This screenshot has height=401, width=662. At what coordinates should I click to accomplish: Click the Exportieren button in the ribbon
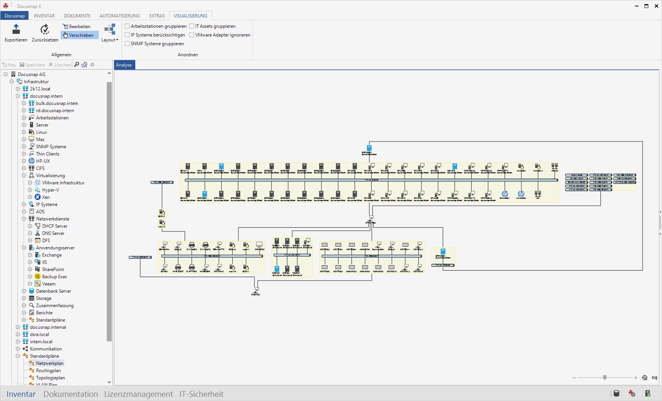tap(16, 33)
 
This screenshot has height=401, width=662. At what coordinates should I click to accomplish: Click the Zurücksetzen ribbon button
tap(45, 33)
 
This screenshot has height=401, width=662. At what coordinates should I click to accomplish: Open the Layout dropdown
tap(110, 33)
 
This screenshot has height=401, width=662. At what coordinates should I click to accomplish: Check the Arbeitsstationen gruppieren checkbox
tap(127, 26)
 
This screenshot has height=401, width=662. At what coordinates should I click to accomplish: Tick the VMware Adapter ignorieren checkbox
tap(192, 35)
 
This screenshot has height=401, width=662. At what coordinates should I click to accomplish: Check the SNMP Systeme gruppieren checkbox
tap(127, 44)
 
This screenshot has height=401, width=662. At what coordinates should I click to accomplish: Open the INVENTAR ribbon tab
tap(44, 16)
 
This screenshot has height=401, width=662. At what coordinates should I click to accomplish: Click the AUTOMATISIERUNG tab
tap(120, 16)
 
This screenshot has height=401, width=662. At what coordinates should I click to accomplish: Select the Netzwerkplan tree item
tap(49, 363)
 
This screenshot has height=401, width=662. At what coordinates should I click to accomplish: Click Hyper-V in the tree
tap(50, 190)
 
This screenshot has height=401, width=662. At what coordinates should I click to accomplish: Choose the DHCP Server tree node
tap(54, 226)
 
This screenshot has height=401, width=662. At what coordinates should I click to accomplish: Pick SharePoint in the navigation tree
tap(53, 269)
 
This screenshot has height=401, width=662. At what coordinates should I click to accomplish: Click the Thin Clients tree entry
tap(48, 154)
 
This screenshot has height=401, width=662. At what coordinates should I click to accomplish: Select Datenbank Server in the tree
tap(54, 291)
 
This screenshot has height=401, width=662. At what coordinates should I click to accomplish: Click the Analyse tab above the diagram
tap(124, 65)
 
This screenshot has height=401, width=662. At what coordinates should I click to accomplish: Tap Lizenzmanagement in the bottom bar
tap(138, 394)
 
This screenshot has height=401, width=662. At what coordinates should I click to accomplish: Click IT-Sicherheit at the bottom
tap(201, 394)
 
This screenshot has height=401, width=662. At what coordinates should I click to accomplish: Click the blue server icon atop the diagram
tap(369, 148)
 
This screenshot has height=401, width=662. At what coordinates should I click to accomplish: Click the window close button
tap(656, 6)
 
